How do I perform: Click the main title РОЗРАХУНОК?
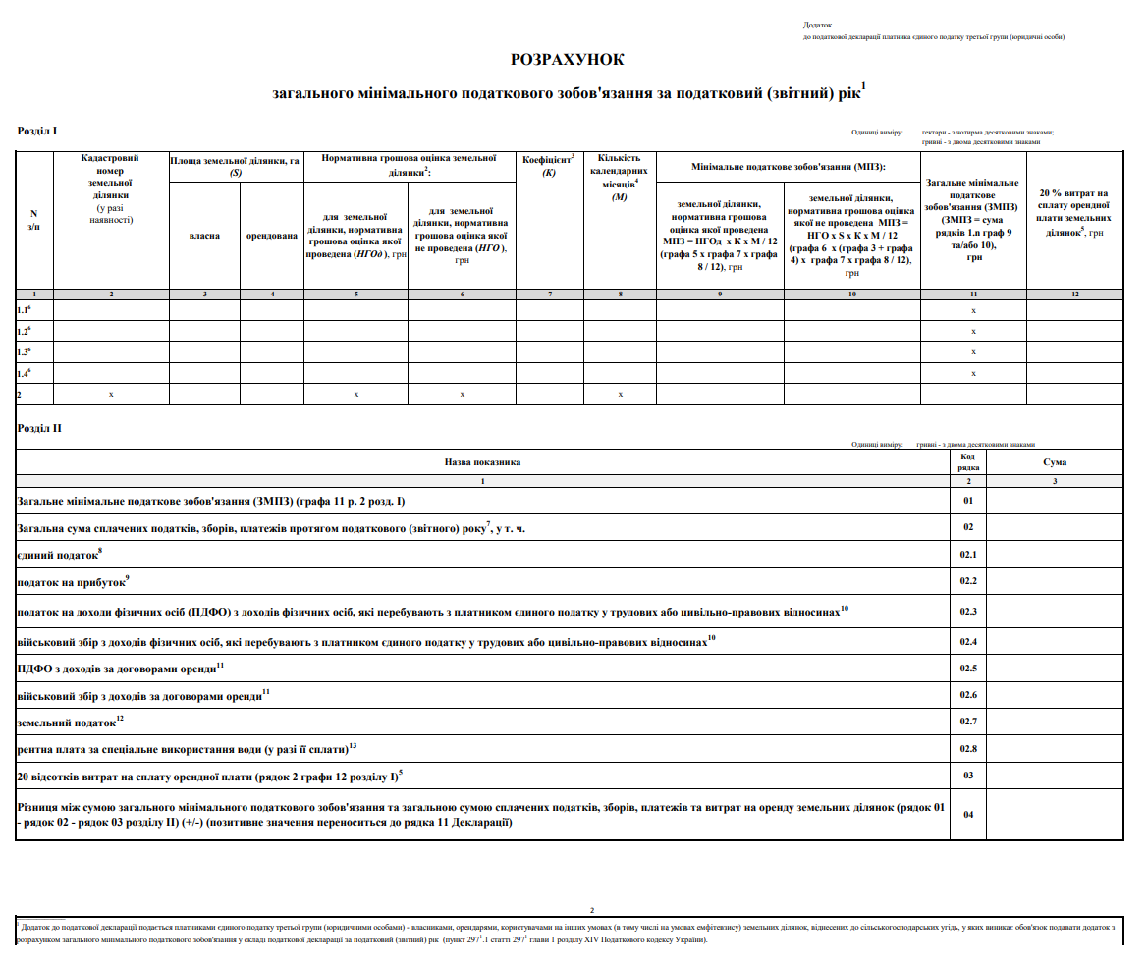(x=568, y=60)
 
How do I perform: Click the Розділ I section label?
(x=37, y=131)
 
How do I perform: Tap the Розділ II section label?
(x=39, y=428)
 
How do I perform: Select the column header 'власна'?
(x=204, y=236)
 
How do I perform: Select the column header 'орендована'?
(x=271, y=236)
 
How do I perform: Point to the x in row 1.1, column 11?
(x=973, y=310)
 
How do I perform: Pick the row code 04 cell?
(x=967, y=815)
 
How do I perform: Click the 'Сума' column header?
(x=1055, y=461)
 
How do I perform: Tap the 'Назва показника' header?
(x=482, y=461)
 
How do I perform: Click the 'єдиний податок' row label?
(x=58, y=555)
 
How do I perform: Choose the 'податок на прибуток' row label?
(x=72, y=582)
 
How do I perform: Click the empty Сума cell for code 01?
(x=1055, y=501)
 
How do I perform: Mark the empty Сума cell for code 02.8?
(x=1055, y=749)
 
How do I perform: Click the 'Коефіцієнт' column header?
(x=549, y=165)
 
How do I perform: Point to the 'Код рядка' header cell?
(x=967, y=461)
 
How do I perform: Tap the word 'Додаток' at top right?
(x=817, y=25)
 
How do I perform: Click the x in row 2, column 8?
(x=620, y=394)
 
